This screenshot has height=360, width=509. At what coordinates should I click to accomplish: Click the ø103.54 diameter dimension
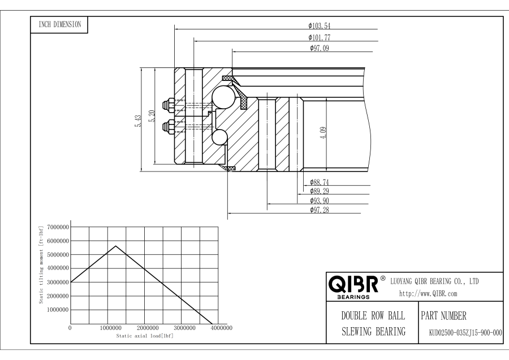point(320,25)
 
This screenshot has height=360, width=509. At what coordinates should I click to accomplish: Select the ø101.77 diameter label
point(320,37)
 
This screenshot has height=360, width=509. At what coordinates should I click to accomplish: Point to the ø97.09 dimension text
point(320,48)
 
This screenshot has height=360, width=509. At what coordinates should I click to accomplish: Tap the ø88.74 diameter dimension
point(320,182)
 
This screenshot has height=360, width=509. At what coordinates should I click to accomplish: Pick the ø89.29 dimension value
point(320,191)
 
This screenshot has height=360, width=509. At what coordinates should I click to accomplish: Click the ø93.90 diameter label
point(320,200)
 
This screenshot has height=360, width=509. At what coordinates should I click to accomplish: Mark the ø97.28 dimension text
point(320,210)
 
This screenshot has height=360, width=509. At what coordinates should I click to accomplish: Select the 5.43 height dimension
point(139,121)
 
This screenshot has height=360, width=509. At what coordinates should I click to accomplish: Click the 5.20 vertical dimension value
point(152,116)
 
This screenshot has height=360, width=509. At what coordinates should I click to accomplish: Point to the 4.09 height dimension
point(323,133)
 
